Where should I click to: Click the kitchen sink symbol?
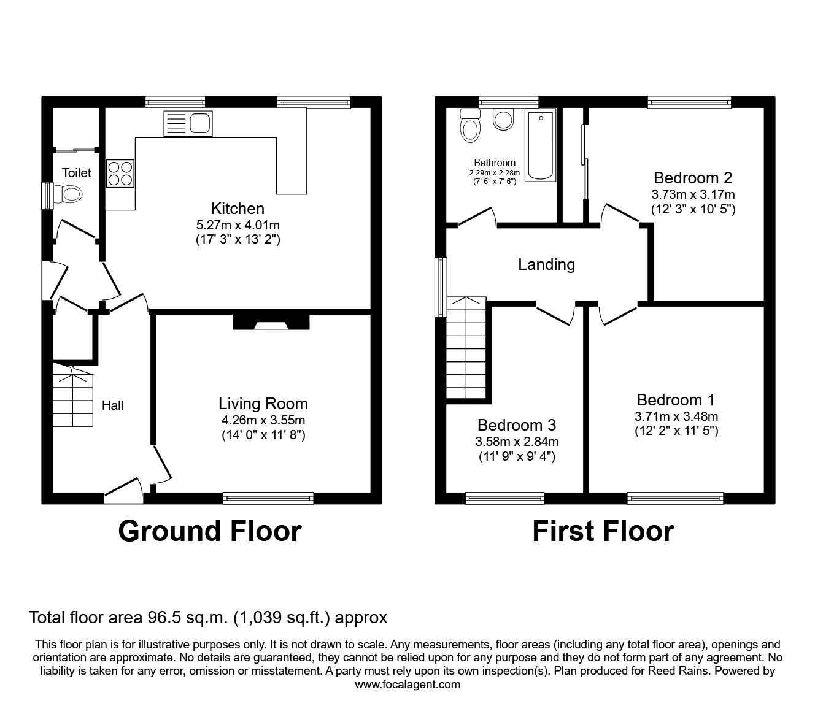pyautogui.click(x=188, y=123)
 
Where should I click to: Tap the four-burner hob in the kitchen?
pyautogui.click(x=120, y=172)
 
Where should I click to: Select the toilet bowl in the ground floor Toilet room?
pyautogui.click(x=69, y=195)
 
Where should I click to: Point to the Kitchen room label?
pyautogui.click(x=238, y=209)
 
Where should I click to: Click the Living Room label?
pyautogui.click(x=263, y=404)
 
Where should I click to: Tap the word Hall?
pyautogui.click(x=112, y=405)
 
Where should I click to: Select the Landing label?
pyautogui.click(x=546, y=264)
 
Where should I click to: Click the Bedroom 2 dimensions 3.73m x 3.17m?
pyautogui.click(x=693, y=194)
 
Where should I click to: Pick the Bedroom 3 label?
pyautogui.click(x=517, y=425)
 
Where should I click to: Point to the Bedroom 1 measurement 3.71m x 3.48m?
pyautogui.click(x=676, y=416)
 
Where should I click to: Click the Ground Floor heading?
pyautogui.click(x=209, y=531)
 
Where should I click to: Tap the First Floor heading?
pyautogui.click(x=603, y=531)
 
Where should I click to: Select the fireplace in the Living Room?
pyautogui.click(x=270, y=323)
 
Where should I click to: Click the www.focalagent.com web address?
pyautogui.click(x=407, y=685)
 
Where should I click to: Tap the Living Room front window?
pyautogui.click(x=269, y=497)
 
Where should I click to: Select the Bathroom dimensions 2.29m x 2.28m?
pyautogui.click(x=495, y=173)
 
